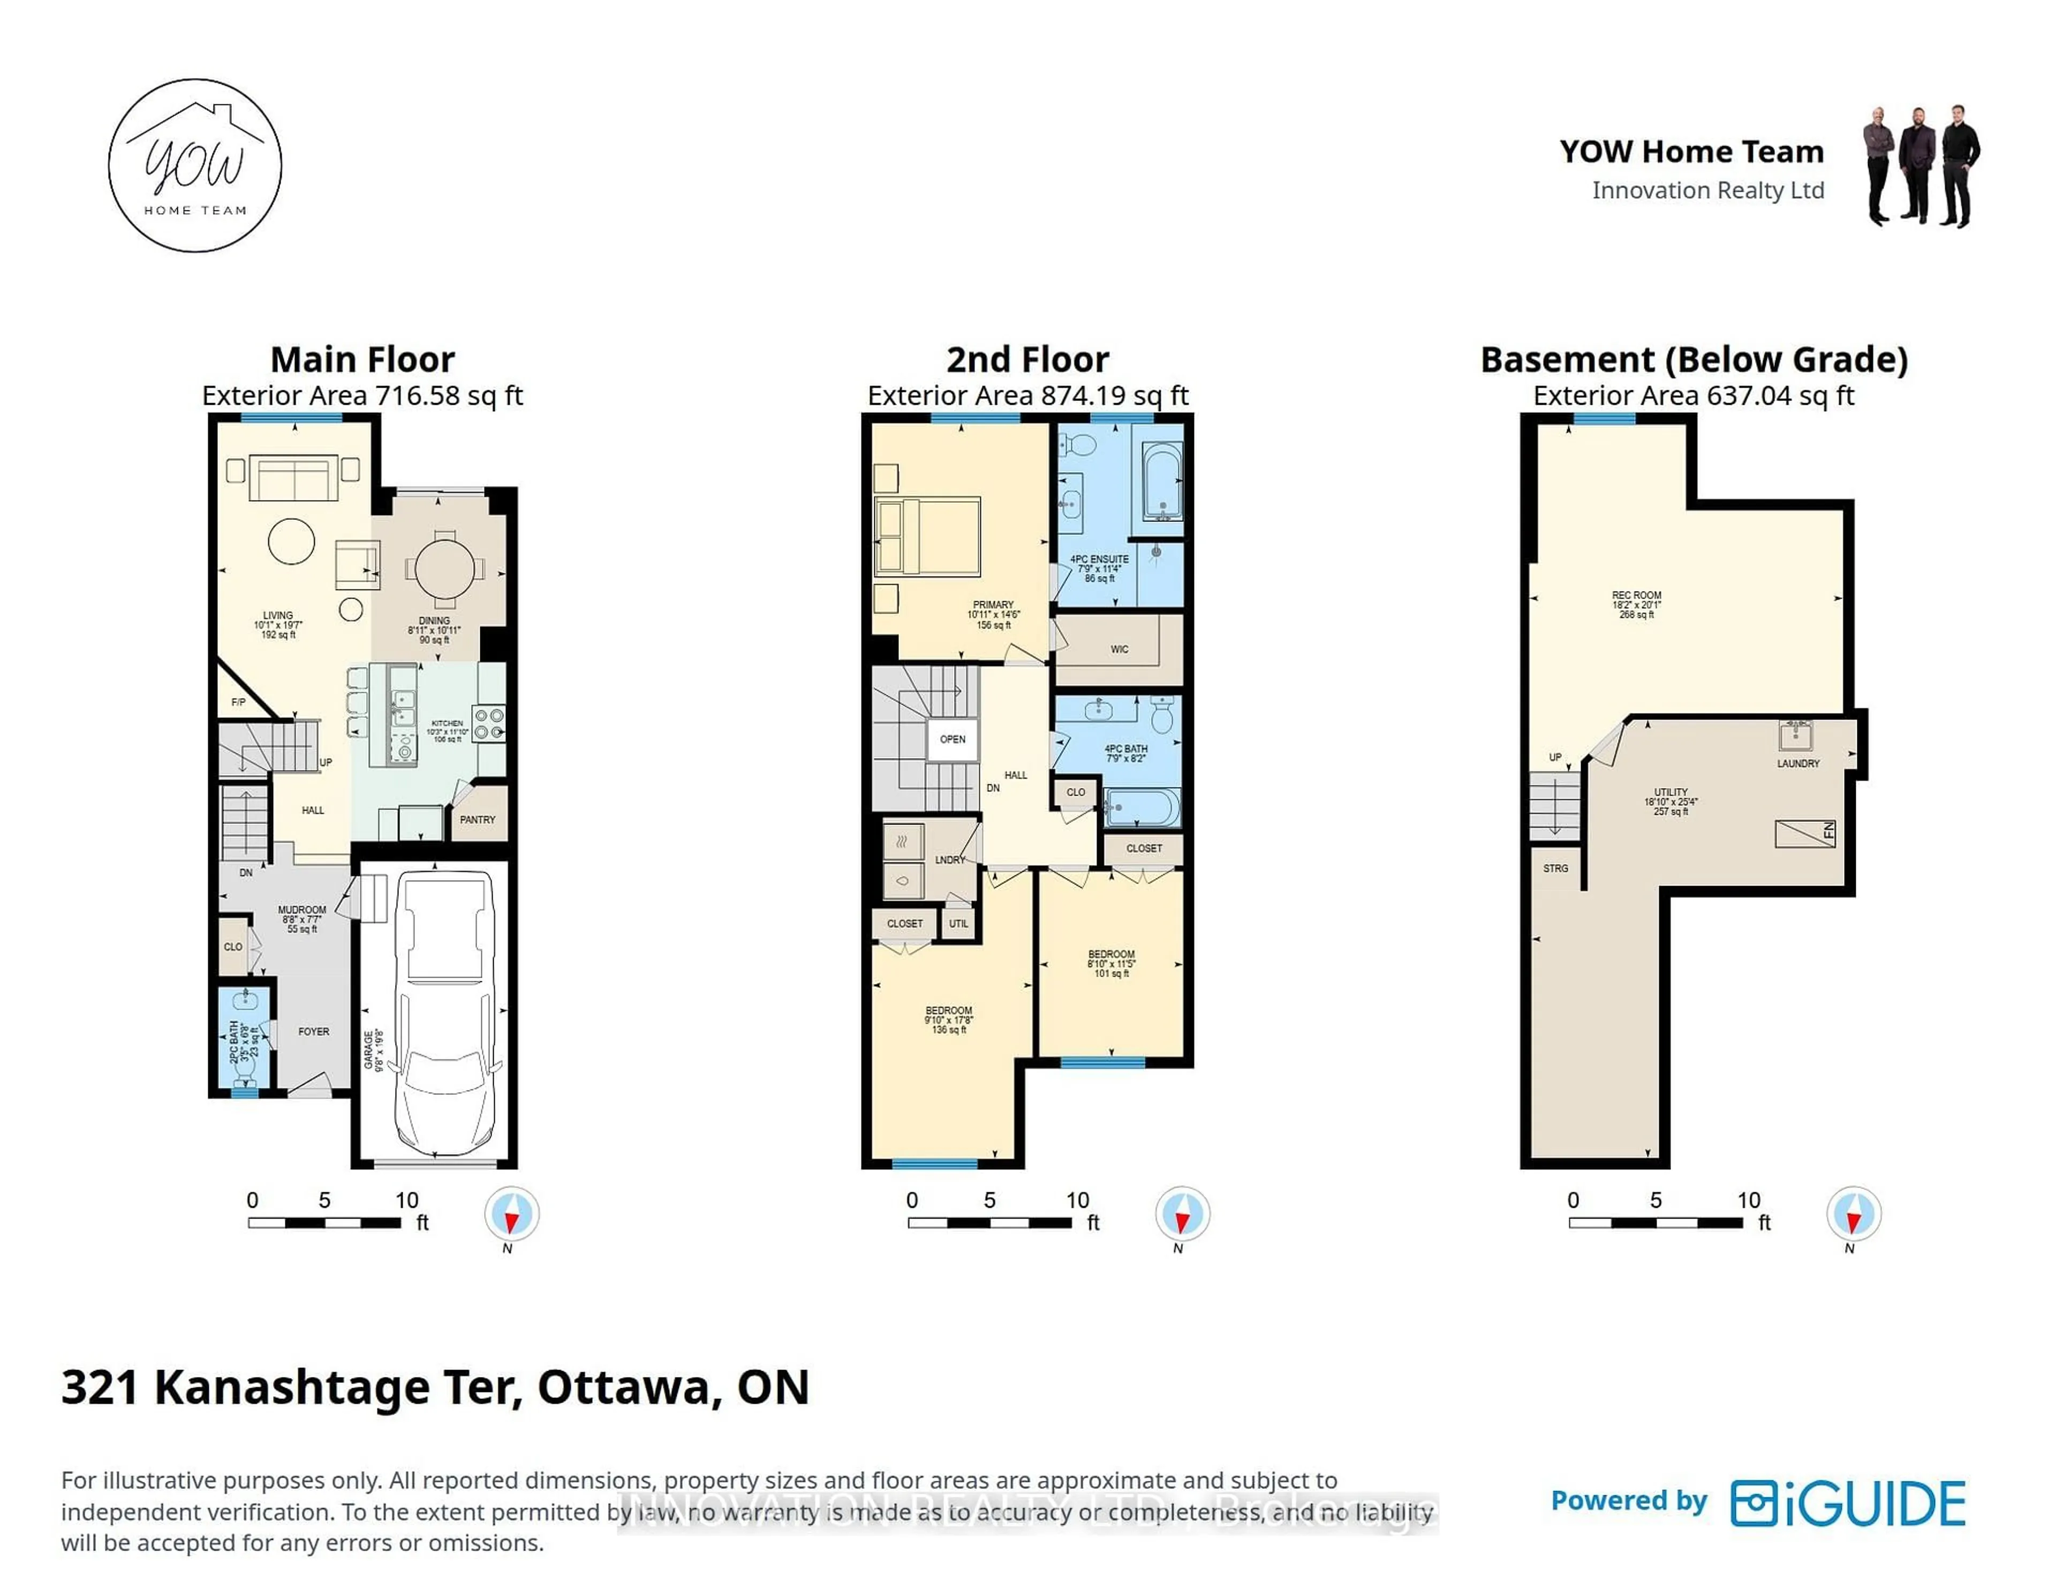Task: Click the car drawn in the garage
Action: [x=444, y=1012]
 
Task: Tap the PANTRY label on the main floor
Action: [x=477, y=820]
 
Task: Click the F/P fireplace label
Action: [x=238, y=702]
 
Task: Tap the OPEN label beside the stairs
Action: [x=953, y=739]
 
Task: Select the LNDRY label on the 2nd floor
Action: [x=950, y=859]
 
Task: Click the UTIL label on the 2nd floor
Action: [x=958, y=924]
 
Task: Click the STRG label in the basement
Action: [x=1555, y=868]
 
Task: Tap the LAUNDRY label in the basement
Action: [x=1798, y=763]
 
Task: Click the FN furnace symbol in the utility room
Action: [x=1805, y=833]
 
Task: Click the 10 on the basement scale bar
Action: [x=1748, y=1200]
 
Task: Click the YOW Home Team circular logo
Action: [x=195, y=165]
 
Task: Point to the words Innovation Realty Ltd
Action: [x=1707, y=190]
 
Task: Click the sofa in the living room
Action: [x=294, y=478]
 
